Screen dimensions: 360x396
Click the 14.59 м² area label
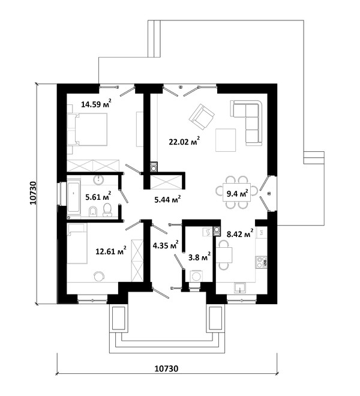(96, 103)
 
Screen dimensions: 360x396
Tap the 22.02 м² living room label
(184, 141)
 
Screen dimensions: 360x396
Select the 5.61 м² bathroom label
(98, 196)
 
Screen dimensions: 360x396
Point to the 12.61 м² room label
(111, 251)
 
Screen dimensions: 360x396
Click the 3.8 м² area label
(199, 257)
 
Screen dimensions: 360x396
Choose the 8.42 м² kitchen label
(240, 234)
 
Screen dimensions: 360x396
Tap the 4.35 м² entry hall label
(166, 244)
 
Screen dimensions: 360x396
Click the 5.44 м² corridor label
(167, 200)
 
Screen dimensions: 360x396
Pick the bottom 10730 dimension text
(166, 369)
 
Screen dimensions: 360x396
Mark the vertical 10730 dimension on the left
(33, 193)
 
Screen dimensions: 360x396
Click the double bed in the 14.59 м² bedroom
(88, 130)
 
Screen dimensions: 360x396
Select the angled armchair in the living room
(202, 116)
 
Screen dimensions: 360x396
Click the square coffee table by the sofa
(226, 140)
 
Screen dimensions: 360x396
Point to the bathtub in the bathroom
(74, 197)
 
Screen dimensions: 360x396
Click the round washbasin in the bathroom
(98, 180)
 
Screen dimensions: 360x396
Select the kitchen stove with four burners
(261, 262)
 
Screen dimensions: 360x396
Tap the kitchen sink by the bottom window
(240, 287)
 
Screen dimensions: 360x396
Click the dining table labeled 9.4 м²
(237, 193)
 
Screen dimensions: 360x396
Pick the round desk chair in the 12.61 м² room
(99, 276)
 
